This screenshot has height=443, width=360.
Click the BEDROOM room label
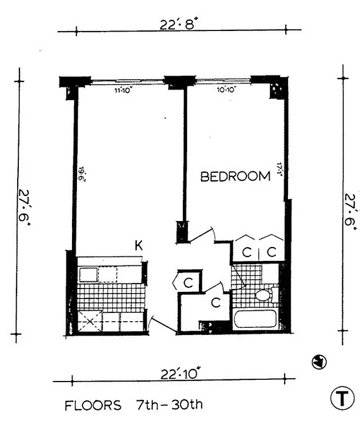[x=235, y=177]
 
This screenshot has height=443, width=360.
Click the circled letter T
[x=343, y=398]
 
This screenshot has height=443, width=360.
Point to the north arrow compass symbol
[x=320, y=362]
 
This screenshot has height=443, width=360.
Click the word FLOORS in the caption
[x=93, y=405]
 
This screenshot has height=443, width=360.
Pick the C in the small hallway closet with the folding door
[x=188, y=282]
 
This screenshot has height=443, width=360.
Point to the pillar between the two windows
[x=176, y=83]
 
